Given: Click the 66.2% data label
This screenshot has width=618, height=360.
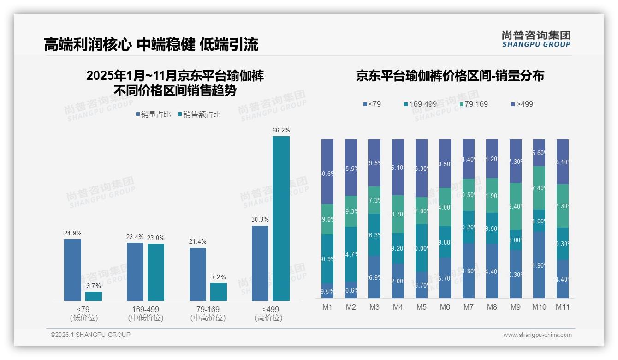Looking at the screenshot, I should (x=281, y=131).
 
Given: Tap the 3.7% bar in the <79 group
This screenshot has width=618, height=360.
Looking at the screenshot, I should (x=94, y=296).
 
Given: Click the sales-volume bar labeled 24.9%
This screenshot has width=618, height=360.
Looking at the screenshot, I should (x=72, y=270).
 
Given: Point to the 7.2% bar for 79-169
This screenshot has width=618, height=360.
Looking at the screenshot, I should (x=219, y=292).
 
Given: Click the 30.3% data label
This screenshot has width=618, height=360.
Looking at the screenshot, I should (x=260, y=220).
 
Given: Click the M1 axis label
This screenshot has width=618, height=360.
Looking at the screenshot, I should (x=327, y=307).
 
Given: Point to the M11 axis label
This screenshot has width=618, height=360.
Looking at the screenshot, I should (x=562, y=307).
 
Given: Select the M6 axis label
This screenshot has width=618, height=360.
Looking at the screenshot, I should (x=445, y=307).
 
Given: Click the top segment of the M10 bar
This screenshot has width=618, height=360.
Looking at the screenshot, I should (x=539, y=153).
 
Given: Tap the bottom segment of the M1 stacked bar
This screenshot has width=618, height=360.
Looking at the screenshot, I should (x=327, y=291).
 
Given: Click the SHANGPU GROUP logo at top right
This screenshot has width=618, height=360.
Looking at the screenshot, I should (x=536, y=39).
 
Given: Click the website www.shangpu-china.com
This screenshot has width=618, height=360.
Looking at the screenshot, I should (x=537, y=335).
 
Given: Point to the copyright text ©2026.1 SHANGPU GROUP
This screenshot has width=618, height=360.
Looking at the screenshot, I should (x=90, y=335).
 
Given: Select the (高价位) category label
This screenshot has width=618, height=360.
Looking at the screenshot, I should (x=268, y=318).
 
